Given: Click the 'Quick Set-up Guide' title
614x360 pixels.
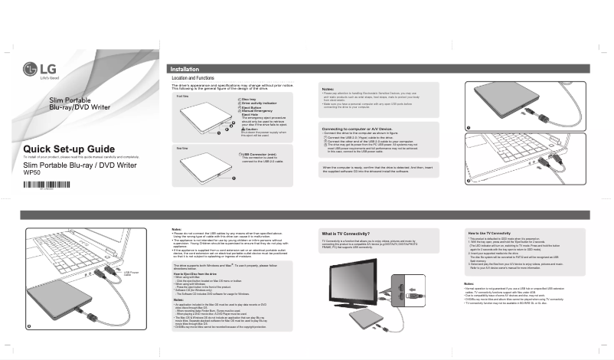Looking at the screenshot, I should (x=69, y=148).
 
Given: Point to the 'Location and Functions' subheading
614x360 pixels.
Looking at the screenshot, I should (x=192, y=78).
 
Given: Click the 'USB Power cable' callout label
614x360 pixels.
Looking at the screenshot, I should (x=131, y=272).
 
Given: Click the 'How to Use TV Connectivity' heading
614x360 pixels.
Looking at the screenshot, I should (x=489, y=232).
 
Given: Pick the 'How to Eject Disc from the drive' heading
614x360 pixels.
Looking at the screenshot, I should (x=200, y=273).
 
